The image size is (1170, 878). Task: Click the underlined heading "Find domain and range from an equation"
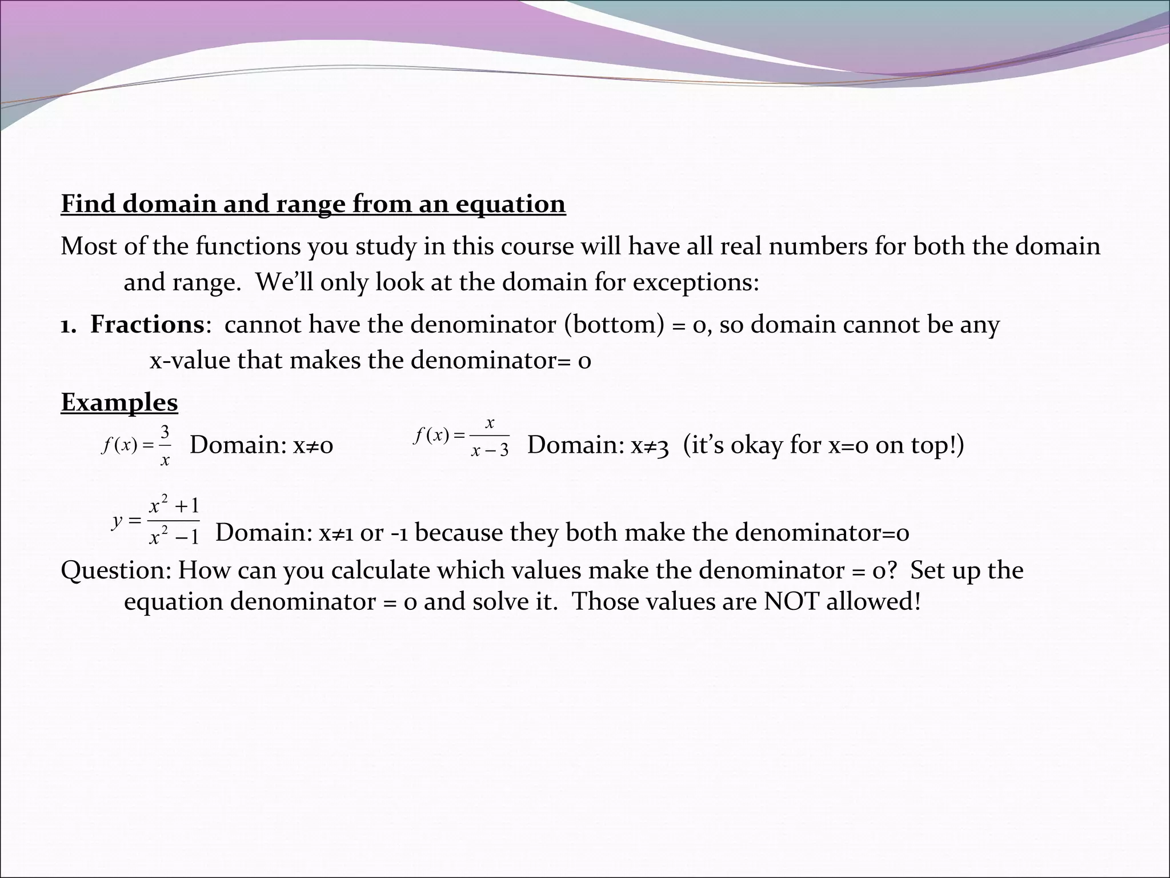[x=313, y=204]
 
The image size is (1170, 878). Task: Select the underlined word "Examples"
[x=119, y=402]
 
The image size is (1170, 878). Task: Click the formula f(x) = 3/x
[x=136, y=445]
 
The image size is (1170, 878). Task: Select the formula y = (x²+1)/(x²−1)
[x=156, y=521]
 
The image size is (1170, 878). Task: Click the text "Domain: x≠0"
[x=261, y=445]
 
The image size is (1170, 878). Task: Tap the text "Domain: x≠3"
[x=598, y=445]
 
